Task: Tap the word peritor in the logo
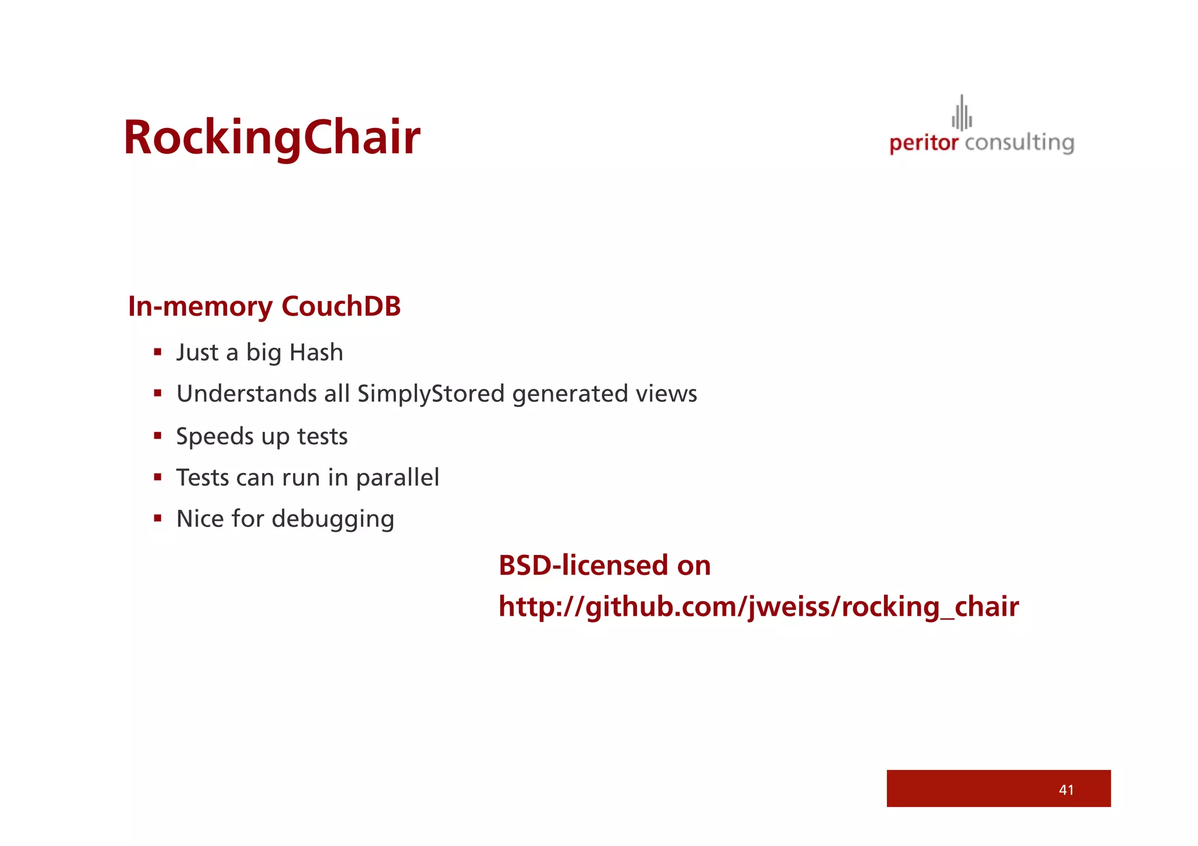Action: pyautogui.click(x=924, y=143)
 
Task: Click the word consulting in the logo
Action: pyautogui.click(x=1020, y=143)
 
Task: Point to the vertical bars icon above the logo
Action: pyautogui.click(x=962, y=113)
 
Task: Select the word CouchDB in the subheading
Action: pyautogui.click(x=341, y=306)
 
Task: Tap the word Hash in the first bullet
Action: pyautogui.click(x=316, y=353)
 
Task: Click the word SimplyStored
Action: pyautogui.click(x=431, y=394)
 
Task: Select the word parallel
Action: pyautogui.click(x=397, y=478)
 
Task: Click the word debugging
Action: pyautogui.click(x=333, y=519)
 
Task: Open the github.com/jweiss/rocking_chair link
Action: pyautogui.click(x=758, y=606)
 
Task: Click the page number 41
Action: pyautogui.click(x=1066, y=790)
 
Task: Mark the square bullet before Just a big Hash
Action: pyautogui.click(x=157, y=352)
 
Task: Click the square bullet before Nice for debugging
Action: pyautogui.click(x=157, y=518)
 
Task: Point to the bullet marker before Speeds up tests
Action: pyautogui.click(x=157, y=435)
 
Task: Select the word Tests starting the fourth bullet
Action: pyautogui.click(x=202, y=478)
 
